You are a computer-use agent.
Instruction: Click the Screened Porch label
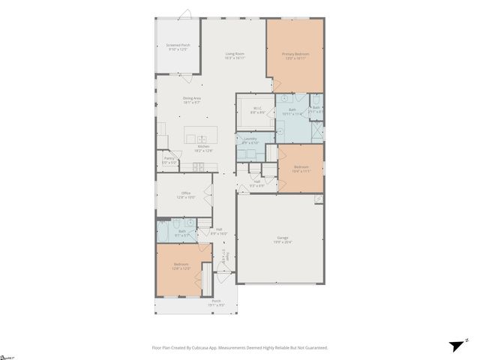(x=178, y=45)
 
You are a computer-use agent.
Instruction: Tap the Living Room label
(x=235, y=53)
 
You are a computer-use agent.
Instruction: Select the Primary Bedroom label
(x=295, y=54)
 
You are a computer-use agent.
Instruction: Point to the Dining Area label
(x=192, y=98)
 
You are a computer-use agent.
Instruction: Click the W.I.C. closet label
(x=256, y=107)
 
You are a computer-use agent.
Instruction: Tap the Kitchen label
(x=202, y=146)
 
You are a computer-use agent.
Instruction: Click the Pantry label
(x=169, y=158)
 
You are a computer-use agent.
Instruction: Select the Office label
(x=186, y=193)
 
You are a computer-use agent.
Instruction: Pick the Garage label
(x=282, y=238)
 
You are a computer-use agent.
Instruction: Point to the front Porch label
(x=216, y=301)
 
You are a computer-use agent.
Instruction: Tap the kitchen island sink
(x=201, y=138)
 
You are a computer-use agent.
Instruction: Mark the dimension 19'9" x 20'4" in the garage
(x=282, y=242)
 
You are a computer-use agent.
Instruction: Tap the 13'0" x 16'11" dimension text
(x=295, y=58)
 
